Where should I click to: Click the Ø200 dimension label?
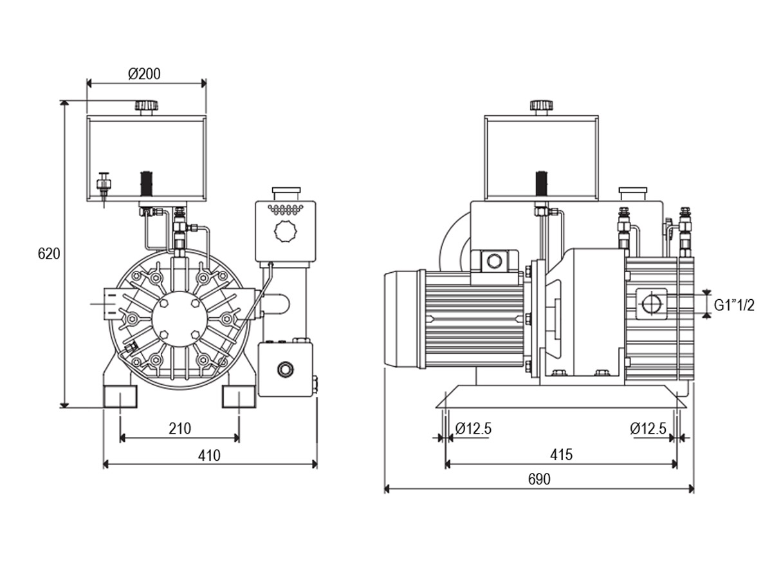pos(144,74)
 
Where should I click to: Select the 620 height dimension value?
pos(49,254)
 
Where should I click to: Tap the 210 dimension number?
pos(179,429)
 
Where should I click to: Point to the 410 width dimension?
pos(209,456)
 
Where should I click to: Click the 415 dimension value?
pos(561,455)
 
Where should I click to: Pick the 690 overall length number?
pos(539,479)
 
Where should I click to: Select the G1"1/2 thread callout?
pos(734,306)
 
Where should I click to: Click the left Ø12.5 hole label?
pos(473,429)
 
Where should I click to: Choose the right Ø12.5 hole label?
pos(648,429)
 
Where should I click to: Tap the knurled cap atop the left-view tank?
pos(147,106)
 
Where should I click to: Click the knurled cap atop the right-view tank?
pos(541,106)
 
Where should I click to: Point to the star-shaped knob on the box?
pos(286,231)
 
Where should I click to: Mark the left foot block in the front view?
pos(120,396)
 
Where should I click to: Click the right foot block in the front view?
pos(239,396)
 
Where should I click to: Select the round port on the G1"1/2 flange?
pos(652,304)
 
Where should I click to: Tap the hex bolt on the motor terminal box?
pos(494,261)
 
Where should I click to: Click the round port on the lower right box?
pos(286,369)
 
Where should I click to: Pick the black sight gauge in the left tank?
pos(147,183)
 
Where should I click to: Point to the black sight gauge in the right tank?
pos(541,183)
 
